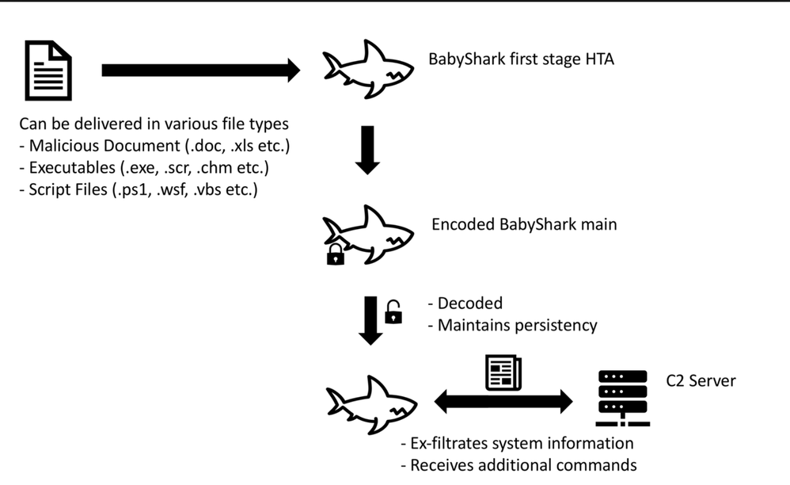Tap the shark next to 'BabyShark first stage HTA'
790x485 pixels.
point(368,70)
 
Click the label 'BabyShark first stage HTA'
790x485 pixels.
point(521,59)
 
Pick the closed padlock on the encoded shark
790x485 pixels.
point(336,254)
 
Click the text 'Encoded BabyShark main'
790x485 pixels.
point(524,224)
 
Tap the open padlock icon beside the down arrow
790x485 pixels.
point(393,312)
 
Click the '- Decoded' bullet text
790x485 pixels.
point(465,304)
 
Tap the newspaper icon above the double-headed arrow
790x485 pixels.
point(503,370)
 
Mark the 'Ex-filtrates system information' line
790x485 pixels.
point(518,443)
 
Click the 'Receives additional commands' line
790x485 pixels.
point(518,464)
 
